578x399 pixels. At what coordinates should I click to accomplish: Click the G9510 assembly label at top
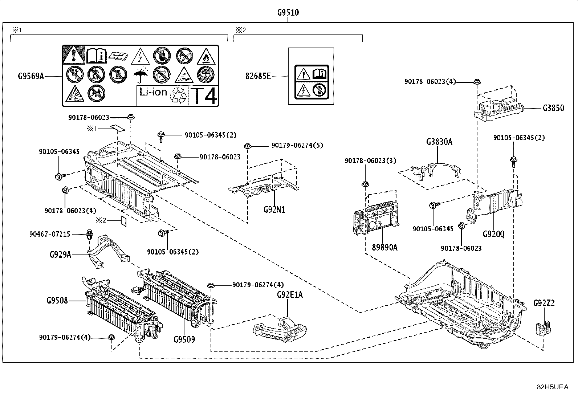288,12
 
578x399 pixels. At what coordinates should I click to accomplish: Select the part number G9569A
31,76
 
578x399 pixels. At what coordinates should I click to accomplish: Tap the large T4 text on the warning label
204,96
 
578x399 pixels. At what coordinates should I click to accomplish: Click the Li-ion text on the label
153,92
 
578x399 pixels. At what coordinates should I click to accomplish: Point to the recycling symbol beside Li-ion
178,95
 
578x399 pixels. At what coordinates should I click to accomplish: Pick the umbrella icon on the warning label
141,74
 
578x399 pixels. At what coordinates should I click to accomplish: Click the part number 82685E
258,76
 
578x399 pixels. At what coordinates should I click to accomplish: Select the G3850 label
553,108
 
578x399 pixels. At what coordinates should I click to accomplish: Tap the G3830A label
439,142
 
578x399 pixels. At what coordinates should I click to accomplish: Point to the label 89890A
384,247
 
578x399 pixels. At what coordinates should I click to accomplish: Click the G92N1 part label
274,209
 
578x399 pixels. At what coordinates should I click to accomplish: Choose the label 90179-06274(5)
297,145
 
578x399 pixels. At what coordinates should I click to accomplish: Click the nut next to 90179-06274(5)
248,146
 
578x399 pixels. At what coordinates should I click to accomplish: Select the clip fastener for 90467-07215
89,234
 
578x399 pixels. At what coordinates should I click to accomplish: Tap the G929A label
60,255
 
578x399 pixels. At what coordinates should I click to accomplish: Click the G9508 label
57,300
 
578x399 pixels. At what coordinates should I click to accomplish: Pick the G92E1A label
290,294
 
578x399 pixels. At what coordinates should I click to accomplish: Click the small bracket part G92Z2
543,328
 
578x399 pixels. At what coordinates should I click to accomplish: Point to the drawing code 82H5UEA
553,387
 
